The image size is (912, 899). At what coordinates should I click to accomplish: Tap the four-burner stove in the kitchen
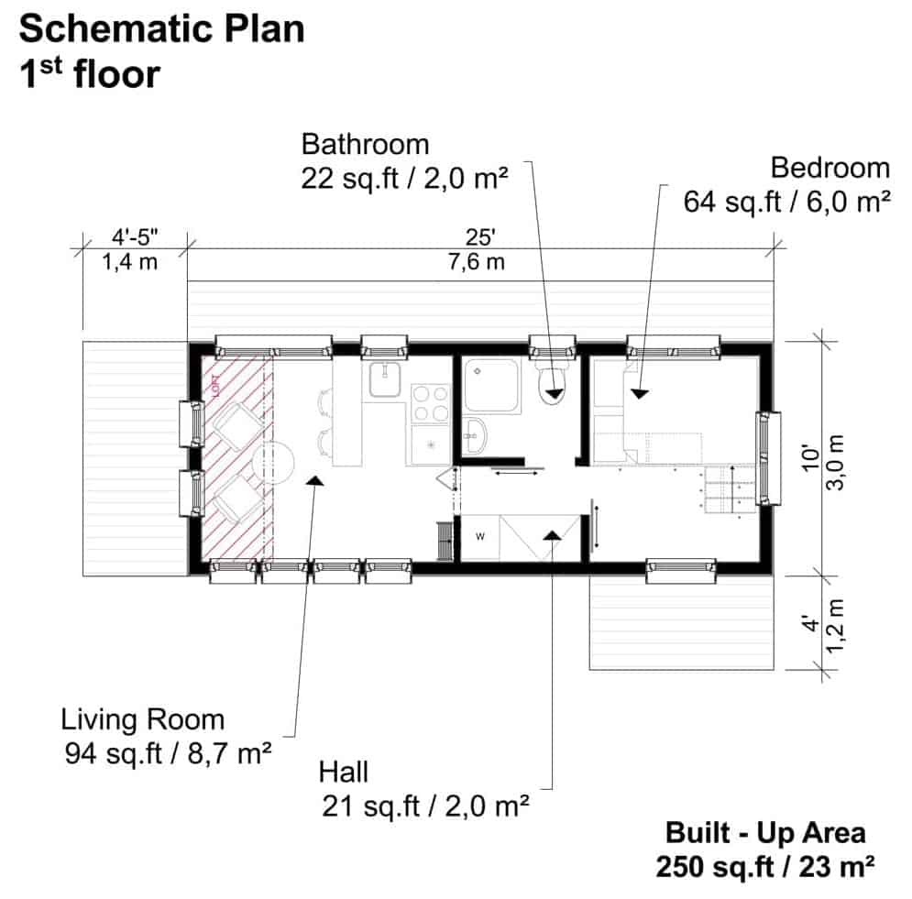coord(430,403)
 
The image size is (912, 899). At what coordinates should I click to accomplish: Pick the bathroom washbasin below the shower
coord(473,436)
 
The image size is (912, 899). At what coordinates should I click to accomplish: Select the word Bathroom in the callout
coord(365,145)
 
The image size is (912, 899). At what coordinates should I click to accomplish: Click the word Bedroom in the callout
coord(830,168)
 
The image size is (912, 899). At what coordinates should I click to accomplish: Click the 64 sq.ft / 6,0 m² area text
coord(787,201)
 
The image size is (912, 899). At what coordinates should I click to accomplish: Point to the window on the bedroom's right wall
coord(767,458)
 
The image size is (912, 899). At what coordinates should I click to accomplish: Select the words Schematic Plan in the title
coord(161,29)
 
